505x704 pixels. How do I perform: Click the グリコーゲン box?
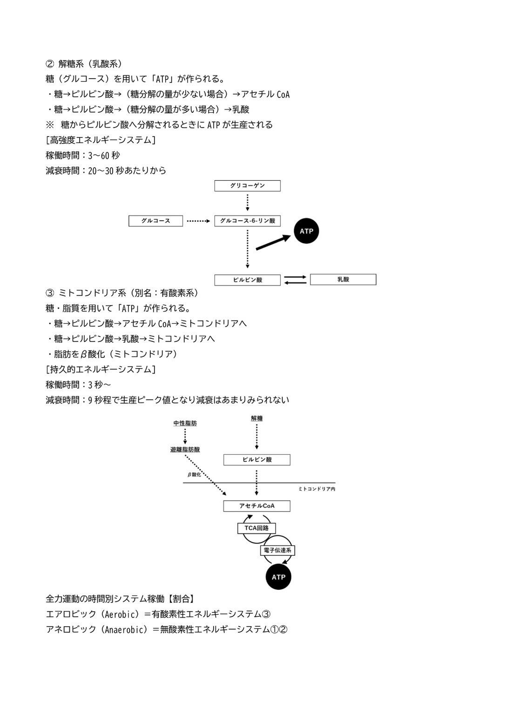click(247, 186)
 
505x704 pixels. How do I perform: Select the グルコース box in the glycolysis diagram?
click(155, 221)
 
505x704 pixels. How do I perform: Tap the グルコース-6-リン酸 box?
click(247, 221)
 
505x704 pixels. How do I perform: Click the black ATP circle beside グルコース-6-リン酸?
click(306, 231)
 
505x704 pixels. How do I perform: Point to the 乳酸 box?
click(343, 280)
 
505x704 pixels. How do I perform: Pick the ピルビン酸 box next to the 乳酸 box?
click(247, 280)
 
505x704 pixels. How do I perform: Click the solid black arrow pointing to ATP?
click(273, 242)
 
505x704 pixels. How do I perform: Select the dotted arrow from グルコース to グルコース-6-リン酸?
click(198, 221)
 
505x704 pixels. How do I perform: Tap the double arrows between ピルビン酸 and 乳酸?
click(295, 280)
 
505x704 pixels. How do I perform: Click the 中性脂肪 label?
click(185, 424)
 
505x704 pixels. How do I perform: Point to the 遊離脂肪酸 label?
click(185, 450)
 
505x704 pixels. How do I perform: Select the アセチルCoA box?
click(256, 506)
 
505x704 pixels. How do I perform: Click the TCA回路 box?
click(256, 528)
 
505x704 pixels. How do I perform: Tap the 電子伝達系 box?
click(277, 550)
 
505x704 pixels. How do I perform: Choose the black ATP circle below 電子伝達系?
click(278, 577)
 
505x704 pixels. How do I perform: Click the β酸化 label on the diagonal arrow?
click(194, 475)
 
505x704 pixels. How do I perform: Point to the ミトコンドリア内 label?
click(316, 489)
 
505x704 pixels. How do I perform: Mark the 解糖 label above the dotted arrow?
click(256, 419)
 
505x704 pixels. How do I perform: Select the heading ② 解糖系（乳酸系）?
click(83, 64)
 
